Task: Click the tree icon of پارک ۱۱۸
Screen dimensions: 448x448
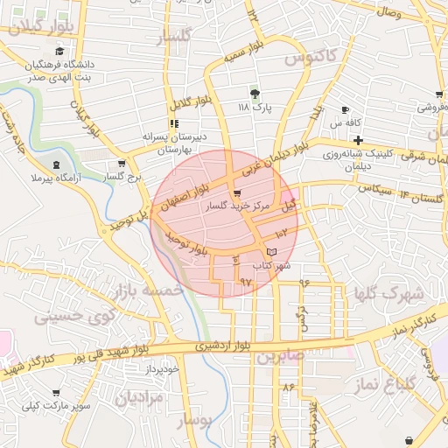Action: click(x=255, y=93)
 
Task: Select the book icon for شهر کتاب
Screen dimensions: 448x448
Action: click(x=272, y=252)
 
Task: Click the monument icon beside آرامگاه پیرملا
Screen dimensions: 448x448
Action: click(x=57, y=164)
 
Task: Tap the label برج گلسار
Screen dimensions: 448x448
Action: click(x=122, y=178)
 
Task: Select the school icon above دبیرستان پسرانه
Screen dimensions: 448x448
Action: click(x=174, y=123)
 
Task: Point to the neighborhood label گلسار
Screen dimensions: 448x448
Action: click(x=173, y=38)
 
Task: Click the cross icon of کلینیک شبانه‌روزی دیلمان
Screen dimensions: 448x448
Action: click(x=359, y=141)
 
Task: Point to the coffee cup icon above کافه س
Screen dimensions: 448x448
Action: click(x=345, y=109)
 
